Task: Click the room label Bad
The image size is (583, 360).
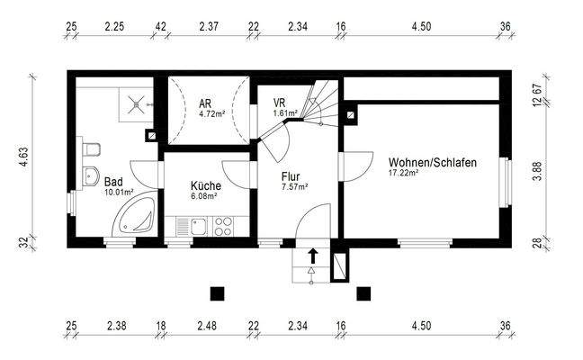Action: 113,180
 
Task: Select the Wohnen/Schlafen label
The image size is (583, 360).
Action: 433,163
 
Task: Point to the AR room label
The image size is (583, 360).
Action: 205,103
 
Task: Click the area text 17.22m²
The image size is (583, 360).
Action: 404,173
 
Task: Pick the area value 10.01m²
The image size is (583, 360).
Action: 119,192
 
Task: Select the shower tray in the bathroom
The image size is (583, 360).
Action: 135,103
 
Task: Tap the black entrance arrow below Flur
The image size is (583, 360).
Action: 313,255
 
